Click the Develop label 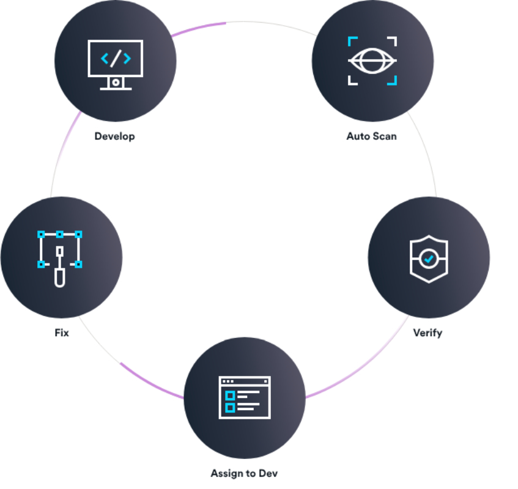(x=114, y=136)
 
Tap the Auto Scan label (x=372, y=136)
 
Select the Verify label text (x=428, y=333)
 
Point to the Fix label (x=62, y=333)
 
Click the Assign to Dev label (x=244, y=474)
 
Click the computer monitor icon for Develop (x=116, y=65)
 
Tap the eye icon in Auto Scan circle (x=372, y=61)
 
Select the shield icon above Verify (x=429, y=259)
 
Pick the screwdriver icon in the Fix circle (x=59, y=267)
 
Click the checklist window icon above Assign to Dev (x=245, y=397)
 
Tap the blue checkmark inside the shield (x=429, y=259)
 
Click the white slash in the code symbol (x=116, y=59)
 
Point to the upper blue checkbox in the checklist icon (x=231, y=395)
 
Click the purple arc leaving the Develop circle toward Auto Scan (x=198, y=27)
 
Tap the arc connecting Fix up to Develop (x=63, y=152)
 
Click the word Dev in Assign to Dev (x=268, y=473)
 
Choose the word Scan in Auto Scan (x=385, y=136)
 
